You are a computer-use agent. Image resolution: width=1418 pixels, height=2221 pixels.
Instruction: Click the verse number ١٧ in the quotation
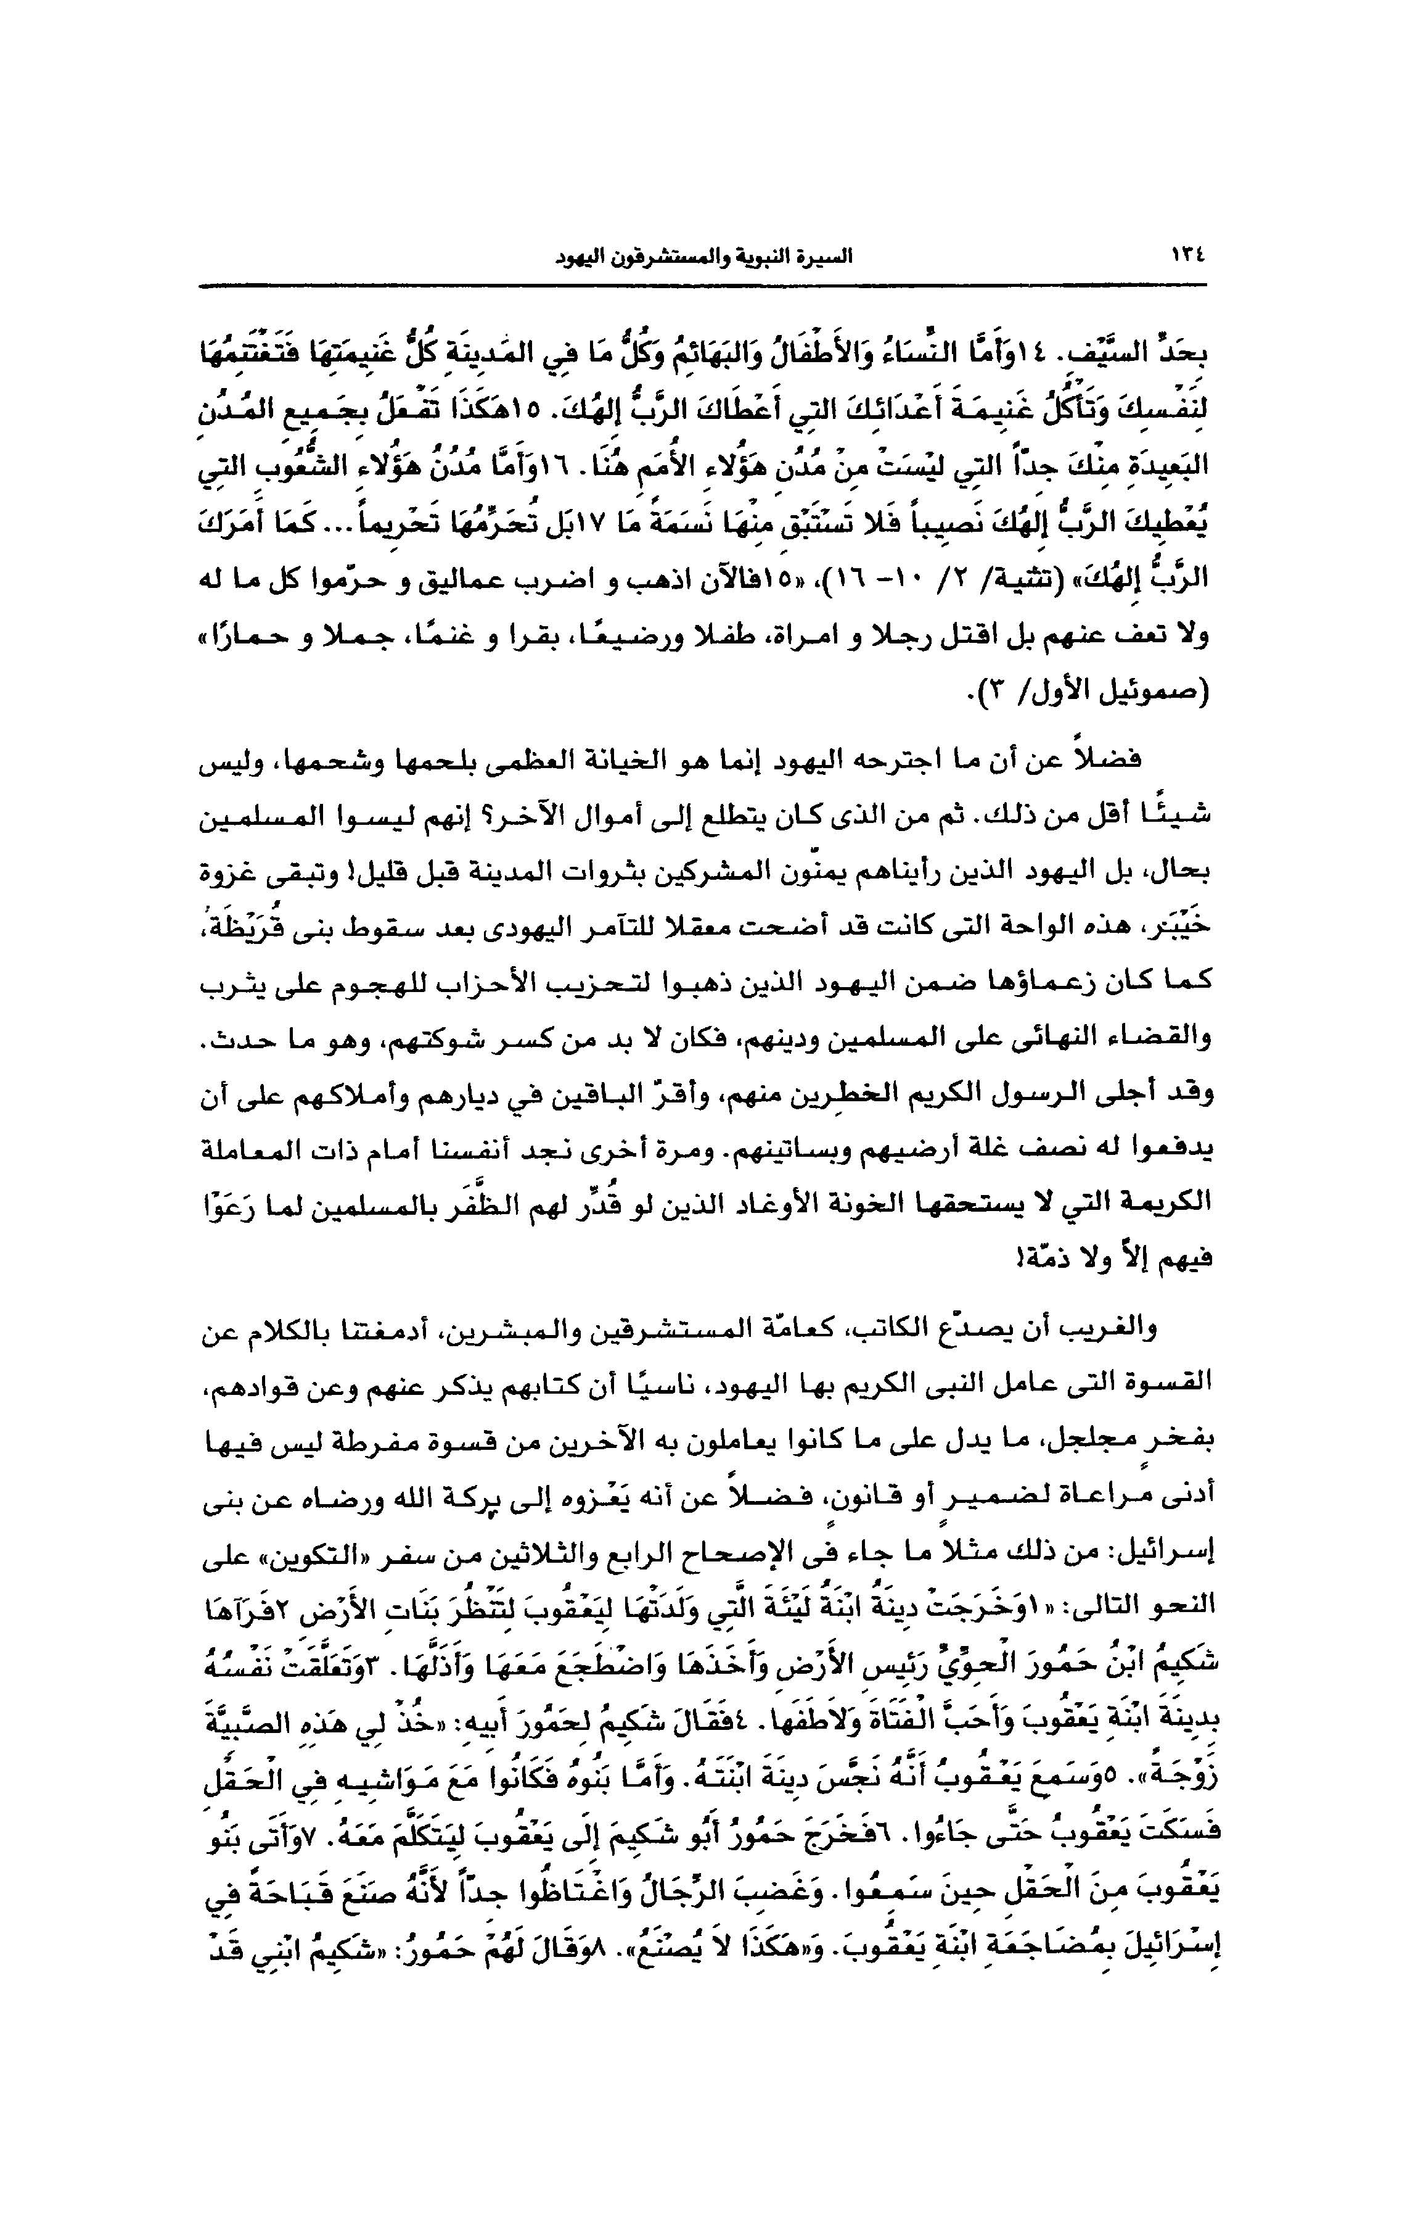[615, 529]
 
